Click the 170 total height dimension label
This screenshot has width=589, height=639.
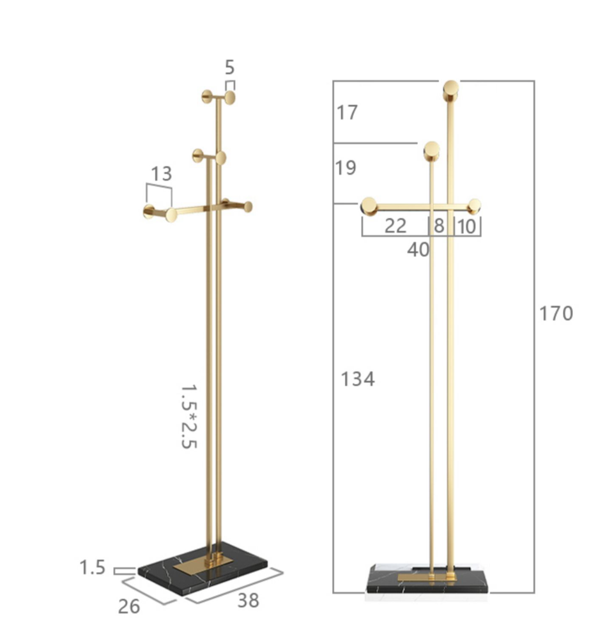556,313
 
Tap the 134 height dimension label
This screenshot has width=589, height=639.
357,379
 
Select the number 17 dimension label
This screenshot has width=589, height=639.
347,112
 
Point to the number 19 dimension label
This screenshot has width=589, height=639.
346,167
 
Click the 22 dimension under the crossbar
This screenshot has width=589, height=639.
395,226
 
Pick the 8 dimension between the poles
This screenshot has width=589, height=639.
439,226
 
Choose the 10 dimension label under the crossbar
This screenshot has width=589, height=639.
467,227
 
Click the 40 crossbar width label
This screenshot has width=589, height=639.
418,249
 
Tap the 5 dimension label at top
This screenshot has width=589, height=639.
230,67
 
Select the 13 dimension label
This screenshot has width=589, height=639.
161,174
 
